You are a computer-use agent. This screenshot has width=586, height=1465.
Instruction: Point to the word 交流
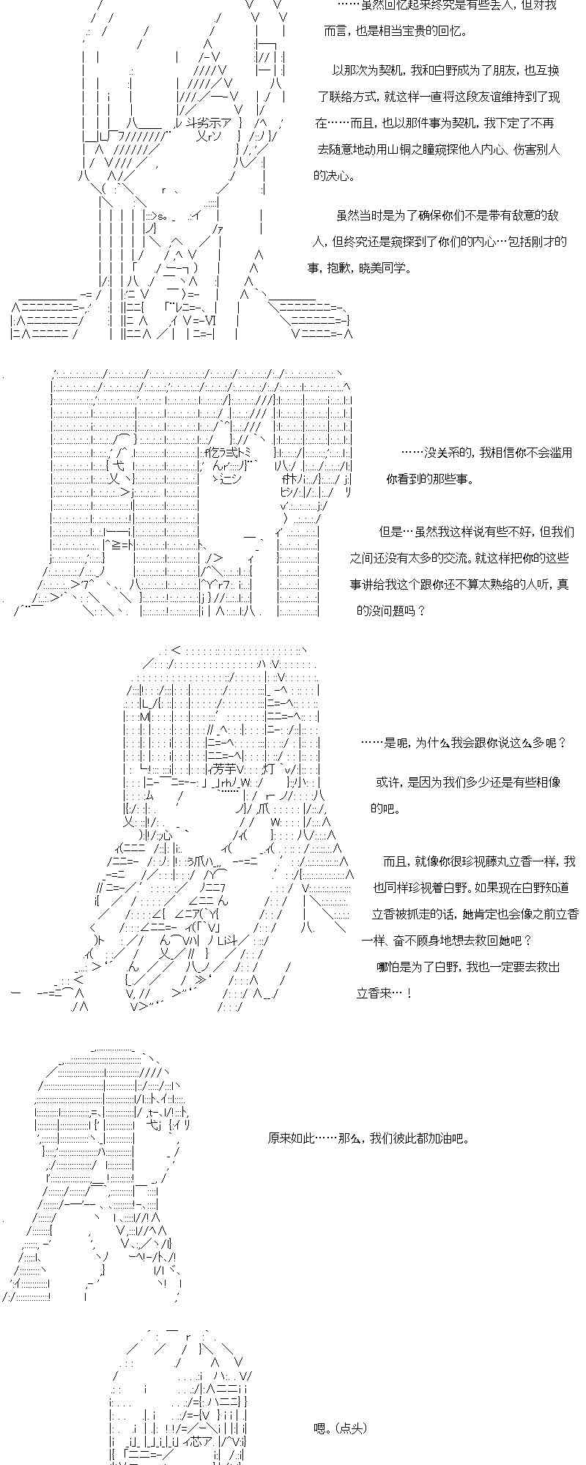coord(431,558)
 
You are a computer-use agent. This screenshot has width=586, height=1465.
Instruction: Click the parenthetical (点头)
coord(350,1428)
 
